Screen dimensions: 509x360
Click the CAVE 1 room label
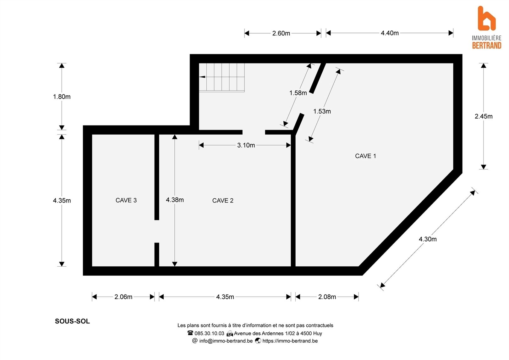click(x=365, y=156)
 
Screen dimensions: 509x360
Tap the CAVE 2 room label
click(x=223, y=201)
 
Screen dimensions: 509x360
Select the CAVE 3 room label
click(x=126, y=200)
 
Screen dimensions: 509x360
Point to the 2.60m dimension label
click(x=281, y=33)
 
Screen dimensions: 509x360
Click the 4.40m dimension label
click(x=390, y=33)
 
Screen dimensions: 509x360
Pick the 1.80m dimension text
click(x=62, y=97)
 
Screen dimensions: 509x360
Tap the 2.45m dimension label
click(x=484, y=116)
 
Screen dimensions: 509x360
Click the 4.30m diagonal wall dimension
click(x=428, y=239)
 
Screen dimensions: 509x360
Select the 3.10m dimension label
click(x=246, y=145)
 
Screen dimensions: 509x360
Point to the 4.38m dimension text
click(x=175, y=200)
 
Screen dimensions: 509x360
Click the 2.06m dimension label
click(x=123, y=297)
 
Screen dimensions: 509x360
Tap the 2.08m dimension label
click(x=327, y=297)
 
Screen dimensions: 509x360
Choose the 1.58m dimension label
click(x=298, y=93)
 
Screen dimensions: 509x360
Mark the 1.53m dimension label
click(x=322, y=111)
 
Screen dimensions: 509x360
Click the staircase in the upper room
click(x=222, y=78)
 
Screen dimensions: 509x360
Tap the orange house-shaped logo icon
click(x=486, y=19)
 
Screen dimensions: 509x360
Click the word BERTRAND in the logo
click(x=487, y=46)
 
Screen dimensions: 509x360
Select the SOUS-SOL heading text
click(x=72, y=321)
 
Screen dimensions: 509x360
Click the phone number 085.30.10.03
click(x=209, y=334)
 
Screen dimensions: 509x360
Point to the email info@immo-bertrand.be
click(x=226, y=341)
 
